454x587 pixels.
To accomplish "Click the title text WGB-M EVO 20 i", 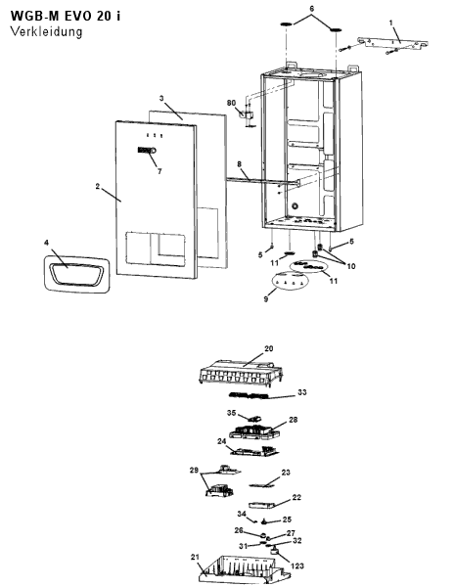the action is point(66,16).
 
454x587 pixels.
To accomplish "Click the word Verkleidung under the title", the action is point(46,31).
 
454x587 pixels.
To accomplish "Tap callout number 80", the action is point(231,103).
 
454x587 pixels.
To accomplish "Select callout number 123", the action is point(297,565).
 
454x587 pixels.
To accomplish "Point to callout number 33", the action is point(302,392).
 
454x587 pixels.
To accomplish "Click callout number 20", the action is point(269,348).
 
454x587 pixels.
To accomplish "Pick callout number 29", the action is point(194,470).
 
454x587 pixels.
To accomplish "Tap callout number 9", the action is point(266,299).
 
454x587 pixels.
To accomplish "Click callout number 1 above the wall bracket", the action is point(391,23).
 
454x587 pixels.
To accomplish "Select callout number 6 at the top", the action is point(312,9).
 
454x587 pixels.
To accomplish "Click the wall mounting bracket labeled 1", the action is point(393,43).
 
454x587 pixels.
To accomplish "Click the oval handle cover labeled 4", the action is point(77,274).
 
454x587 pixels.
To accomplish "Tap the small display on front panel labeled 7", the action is point(147,151).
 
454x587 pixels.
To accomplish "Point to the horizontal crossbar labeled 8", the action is point(262,182).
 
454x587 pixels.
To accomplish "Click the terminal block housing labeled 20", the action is point(240,372).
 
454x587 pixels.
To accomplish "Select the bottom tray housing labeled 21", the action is point(244,570).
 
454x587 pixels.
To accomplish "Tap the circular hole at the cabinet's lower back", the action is point(295,205).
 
